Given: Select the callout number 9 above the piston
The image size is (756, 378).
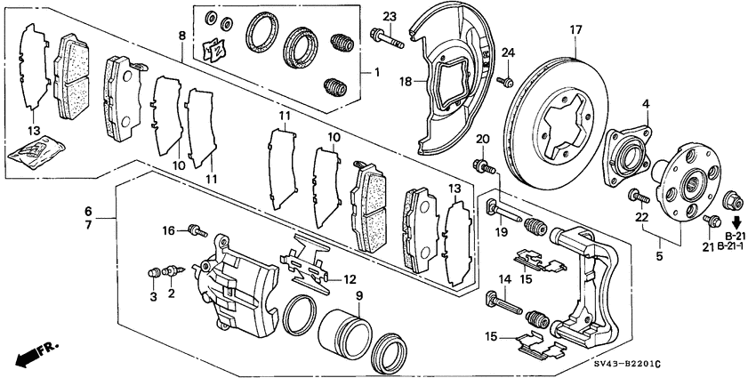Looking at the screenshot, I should tap(359, 295).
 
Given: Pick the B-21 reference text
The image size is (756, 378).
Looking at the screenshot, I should tap(733, 235).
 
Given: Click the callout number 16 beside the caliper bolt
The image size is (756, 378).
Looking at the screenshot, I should tap(168, 230).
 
